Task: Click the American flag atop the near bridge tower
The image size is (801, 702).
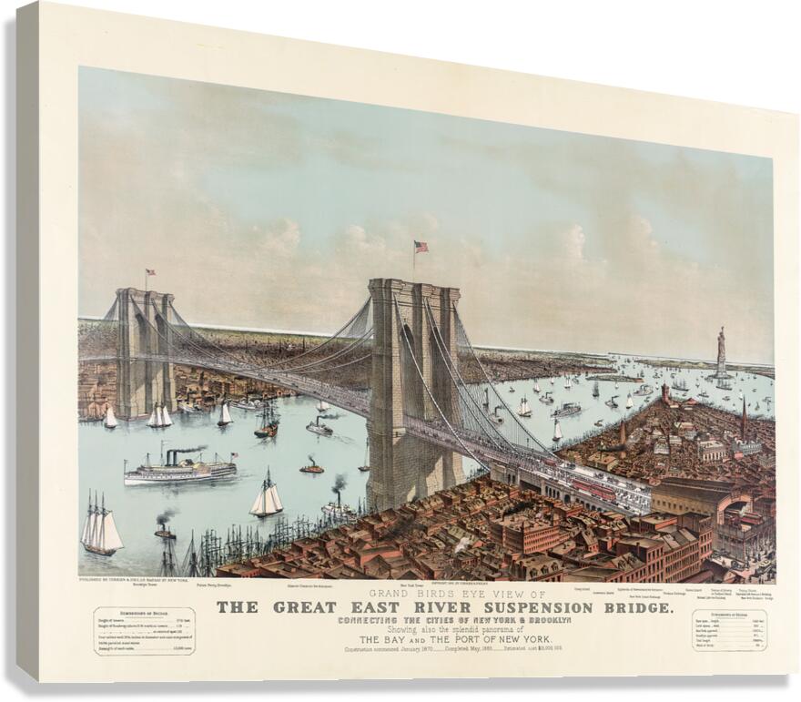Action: pyautogui.click(x=421, y=247)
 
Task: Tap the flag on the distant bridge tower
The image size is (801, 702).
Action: pyautogui.click(x=150, y=272)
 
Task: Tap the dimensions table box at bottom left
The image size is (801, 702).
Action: pyautogui.click(x=143, y=629)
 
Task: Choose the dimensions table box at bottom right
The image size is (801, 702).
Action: pyautogui.click(x=728, y=629)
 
